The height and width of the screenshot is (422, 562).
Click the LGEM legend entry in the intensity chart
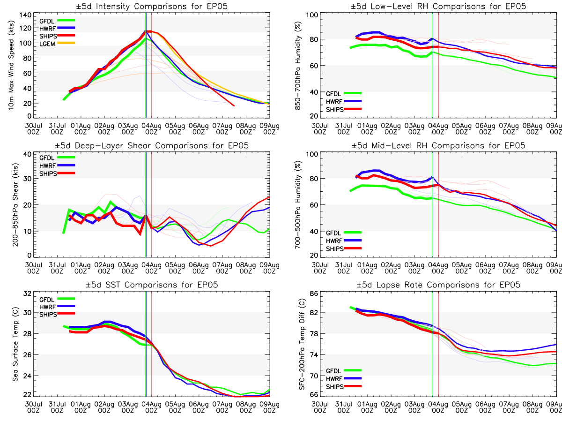tap(57, 44)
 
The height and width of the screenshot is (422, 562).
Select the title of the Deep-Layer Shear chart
tap(152, 145)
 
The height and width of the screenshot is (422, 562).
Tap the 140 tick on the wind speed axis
tap(26, 15)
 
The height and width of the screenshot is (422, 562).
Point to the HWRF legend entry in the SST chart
tap(57, 307)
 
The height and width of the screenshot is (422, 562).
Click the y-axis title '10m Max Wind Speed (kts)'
tap(11, 65)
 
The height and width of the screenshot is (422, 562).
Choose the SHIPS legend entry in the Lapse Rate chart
tap(344, 387)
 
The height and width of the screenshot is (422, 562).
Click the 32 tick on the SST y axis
tap(27, 294)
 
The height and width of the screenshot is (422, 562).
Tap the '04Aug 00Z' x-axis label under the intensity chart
tap(152, 129)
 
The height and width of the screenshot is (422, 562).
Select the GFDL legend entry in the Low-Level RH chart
tap(344, 94)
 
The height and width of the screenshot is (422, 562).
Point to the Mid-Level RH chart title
tap(438, 145)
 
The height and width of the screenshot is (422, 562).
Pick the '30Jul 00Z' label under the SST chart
tap(34, 407)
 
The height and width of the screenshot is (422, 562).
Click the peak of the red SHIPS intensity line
tap(149, 31)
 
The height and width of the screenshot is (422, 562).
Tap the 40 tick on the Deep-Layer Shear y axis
tap(28, 154)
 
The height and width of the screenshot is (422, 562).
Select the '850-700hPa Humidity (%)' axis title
tap(298, 66)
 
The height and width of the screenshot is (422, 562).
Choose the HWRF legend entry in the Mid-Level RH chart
tap(344, 241)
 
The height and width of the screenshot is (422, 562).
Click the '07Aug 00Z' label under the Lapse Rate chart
tap(509, 407)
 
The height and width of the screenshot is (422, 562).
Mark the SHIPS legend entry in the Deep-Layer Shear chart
tap(57, 173)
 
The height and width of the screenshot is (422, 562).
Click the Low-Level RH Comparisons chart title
tap(438, 6)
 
